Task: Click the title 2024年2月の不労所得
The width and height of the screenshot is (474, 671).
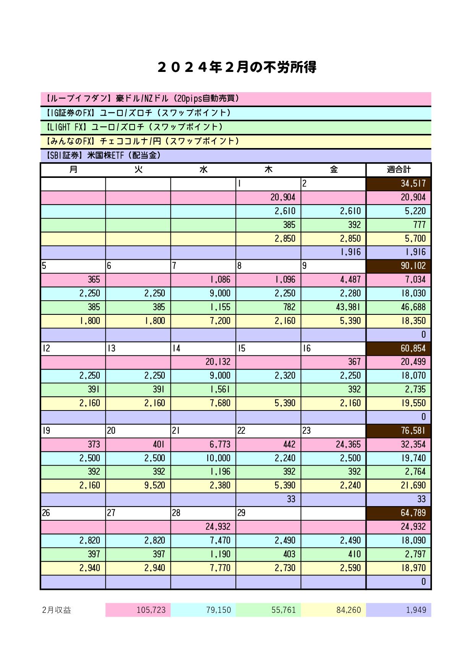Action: tap(237, 68)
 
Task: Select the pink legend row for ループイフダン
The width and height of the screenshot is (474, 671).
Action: tap(235, 99)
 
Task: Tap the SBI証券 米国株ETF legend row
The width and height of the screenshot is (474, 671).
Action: tap(235, 155)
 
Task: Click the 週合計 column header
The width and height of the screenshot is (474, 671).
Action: tap(398, 169)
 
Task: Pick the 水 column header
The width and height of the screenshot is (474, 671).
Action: tap(203, 169)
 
